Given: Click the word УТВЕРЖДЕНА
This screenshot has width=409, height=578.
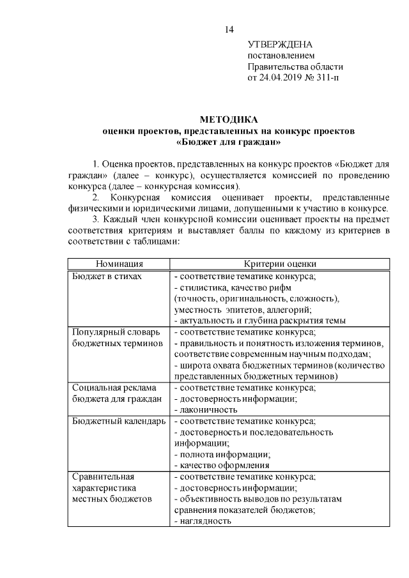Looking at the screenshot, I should pos(280,44).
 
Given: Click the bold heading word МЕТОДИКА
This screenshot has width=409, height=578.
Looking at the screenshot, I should pos(229,119).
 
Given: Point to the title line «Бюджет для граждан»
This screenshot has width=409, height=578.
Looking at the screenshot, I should pos(229,141).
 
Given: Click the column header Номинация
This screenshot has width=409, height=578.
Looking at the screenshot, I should pos(120,264).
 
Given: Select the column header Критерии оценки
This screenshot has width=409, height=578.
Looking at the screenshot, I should pos(280,264).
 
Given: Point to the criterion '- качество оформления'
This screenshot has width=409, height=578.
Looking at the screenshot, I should pos(221,465).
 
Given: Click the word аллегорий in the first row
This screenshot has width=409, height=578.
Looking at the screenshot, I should pos(272,309).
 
